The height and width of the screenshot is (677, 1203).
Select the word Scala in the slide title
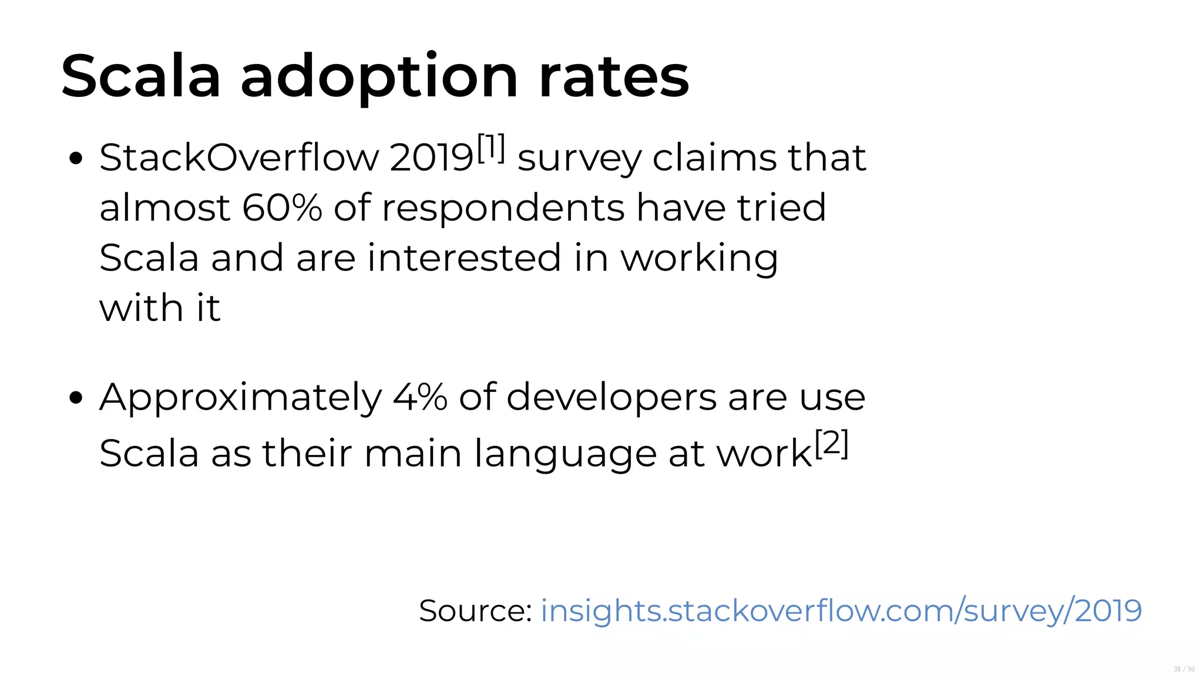click(x=141, y=76)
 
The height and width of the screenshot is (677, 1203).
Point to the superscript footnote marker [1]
click(x=491, y=148)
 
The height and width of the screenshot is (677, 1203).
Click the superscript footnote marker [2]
click(x=831, y=444)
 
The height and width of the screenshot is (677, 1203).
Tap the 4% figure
click(x=420, y=397)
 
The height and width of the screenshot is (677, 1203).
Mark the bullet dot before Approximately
click(x=75, y=398)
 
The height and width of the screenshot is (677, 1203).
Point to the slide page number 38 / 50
click(x=1184, y=669)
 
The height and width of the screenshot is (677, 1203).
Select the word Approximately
click(x=241, y=398)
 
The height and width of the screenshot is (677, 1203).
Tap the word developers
click(x=611, y=398)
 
